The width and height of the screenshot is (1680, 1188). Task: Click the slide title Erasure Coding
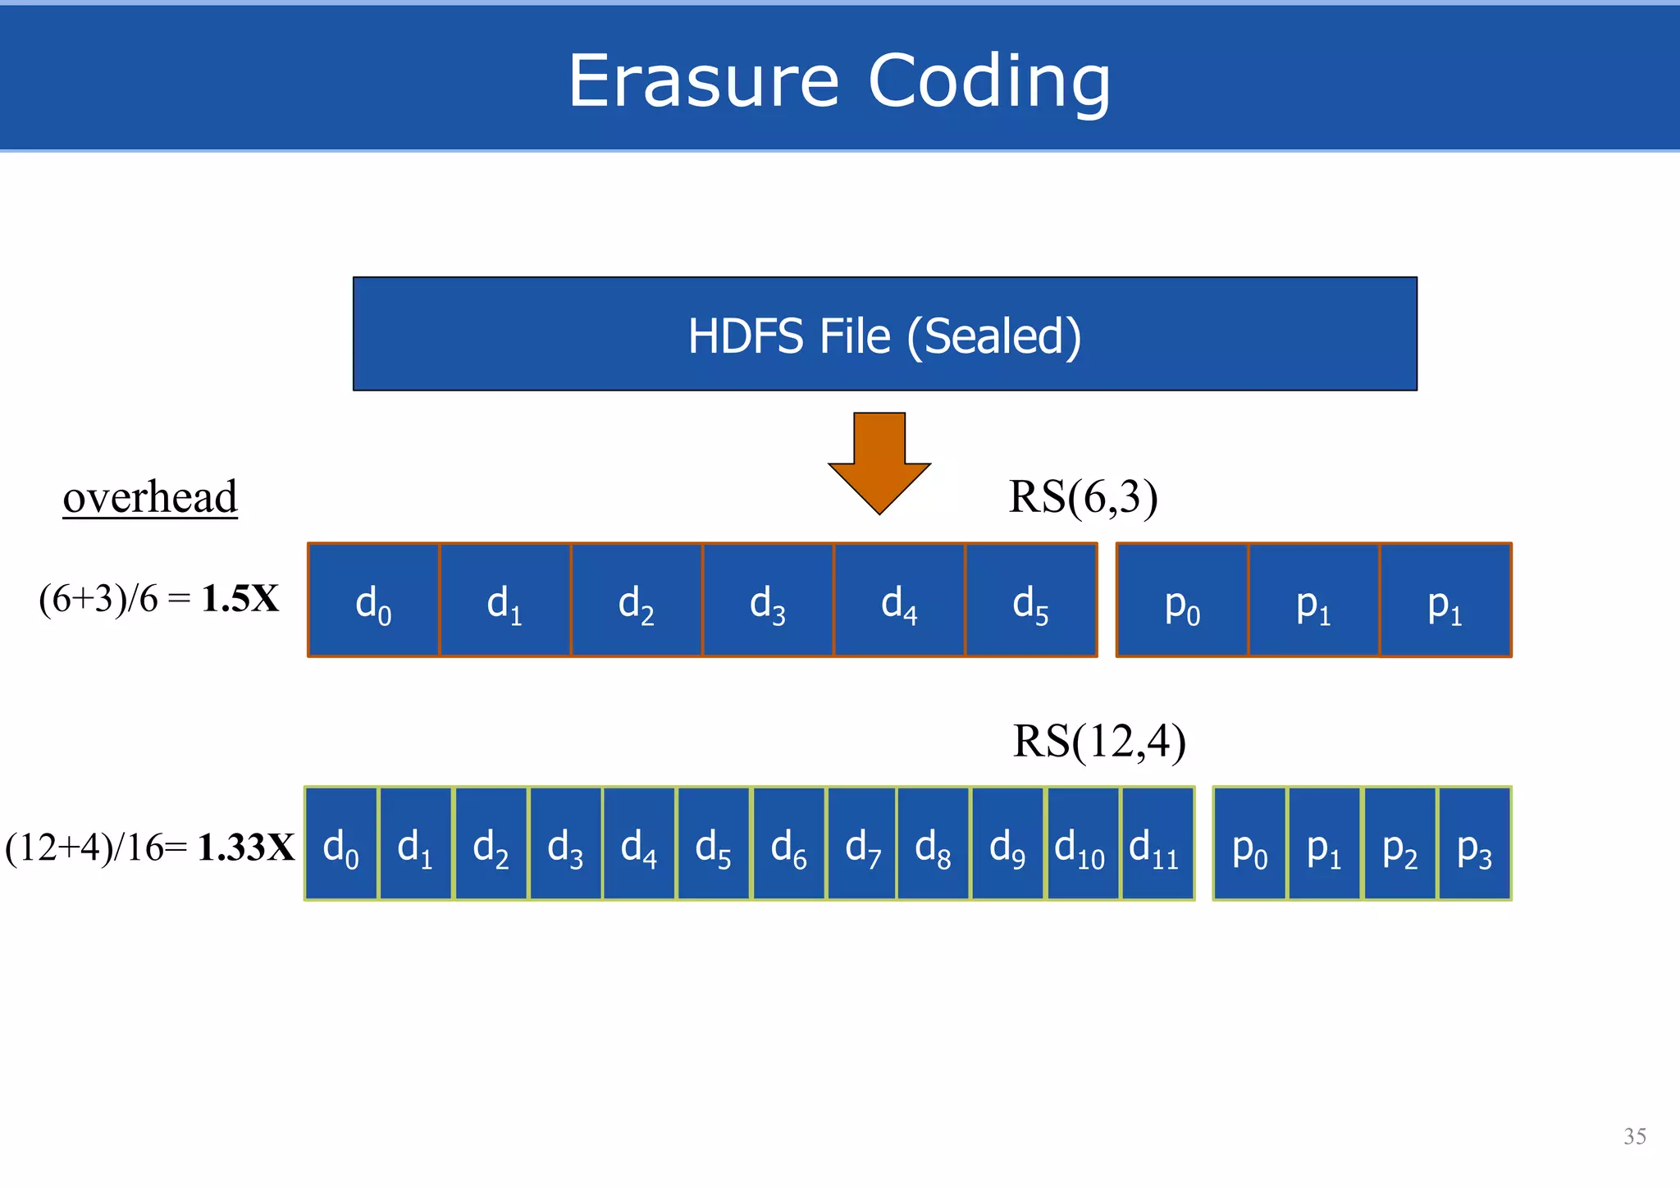coord(839,80)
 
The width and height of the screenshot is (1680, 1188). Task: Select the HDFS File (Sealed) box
coord(884,334)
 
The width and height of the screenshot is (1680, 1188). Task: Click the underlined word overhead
coord(150,497)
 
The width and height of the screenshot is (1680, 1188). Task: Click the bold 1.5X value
coord(240,599)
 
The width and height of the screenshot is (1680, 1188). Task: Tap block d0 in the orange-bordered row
coord(373,600)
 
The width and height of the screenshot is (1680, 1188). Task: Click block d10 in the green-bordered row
coord(1082,843)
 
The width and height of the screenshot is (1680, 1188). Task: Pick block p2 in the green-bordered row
coord(1399,843)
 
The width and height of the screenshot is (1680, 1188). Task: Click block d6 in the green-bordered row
coord(788,843)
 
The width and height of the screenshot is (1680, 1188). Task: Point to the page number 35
coord(1634,1136)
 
